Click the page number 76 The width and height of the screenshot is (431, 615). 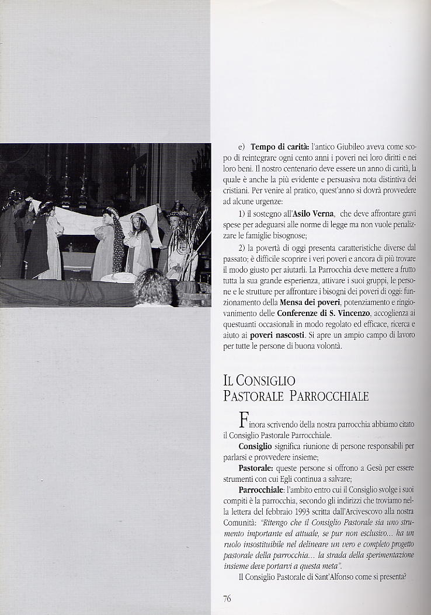pyautogui.click(x=227, y=597)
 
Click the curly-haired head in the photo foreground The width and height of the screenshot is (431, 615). pyautogui.click(x=153, y=287)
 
